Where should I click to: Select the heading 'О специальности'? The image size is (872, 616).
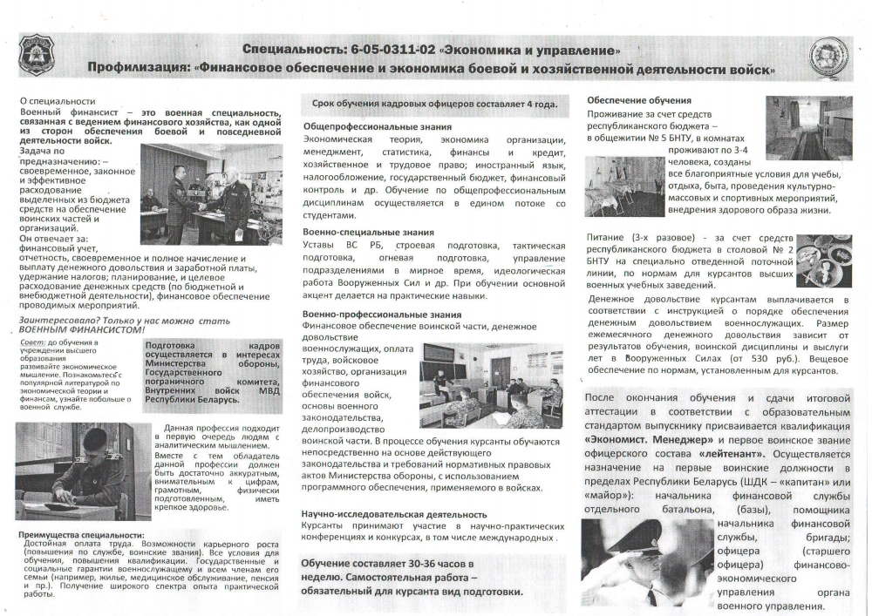[x=58, y=102]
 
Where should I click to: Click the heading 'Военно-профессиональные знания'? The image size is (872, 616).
[x=370, y=314]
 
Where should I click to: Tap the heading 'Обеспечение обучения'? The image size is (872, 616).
[x=639, y=100]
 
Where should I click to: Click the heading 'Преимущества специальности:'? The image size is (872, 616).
[x=82, y=535]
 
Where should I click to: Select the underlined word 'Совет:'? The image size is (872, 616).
[x=31, y=344]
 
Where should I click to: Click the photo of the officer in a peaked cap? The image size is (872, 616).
[x=641, y=561]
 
